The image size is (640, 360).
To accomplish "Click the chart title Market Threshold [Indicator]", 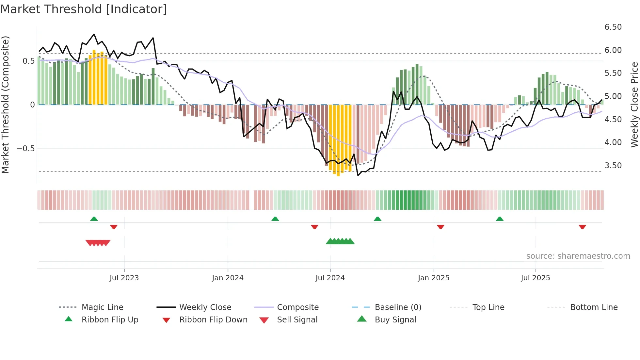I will point(84,9).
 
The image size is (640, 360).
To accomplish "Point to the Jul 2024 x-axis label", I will point(330,278).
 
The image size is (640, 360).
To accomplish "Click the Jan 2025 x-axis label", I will point(433,278).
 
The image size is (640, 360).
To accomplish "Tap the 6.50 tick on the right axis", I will point(613,27).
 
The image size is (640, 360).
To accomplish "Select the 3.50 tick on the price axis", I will point(613,166).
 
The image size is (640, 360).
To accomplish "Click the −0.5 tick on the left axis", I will point(25,149).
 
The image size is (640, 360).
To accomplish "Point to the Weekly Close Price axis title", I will point(634,105).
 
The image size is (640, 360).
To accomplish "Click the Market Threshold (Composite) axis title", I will point(5,105).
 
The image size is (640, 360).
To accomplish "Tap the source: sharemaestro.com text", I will point(578,256).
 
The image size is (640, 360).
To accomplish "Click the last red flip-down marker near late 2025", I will point(582,227).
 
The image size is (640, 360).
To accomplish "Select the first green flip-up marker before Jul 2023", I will point(94,219).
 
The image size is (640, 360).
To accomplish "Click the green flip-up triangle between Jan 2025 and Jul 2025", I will point(500,219).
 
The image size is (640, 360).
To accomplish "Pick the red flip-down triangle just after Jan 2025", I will point(440,227).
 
